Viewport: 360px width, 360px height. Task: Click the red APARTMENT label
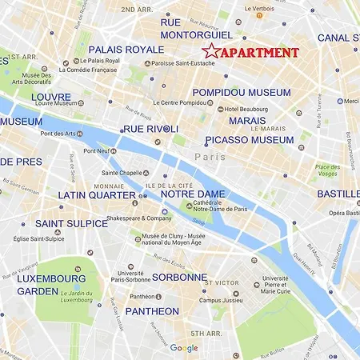[x=259, y=53]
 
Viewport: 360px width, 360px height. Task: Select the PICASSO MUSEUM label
[x=249, y=140]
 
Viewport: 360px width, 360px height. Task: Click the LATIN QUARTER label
[x=97, y=194]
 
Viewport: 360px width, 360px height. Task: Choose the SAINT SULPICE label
[x=70, y=223]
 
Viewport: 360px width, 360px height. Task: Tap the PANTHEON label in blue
[x=152, y=310]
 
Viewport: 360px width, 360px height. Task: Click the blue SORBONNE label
[x=178, y=277]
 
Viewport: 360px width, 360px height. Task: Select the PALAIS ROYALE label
[x=126, y=50]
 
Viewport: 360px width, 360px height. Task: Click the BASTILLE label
[x=338, y=194]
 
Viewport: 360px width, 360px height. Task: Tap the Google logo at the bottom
[x=183, y=348]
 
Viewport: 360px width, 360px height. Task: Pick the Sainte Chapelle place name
[x=121, y=173]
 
